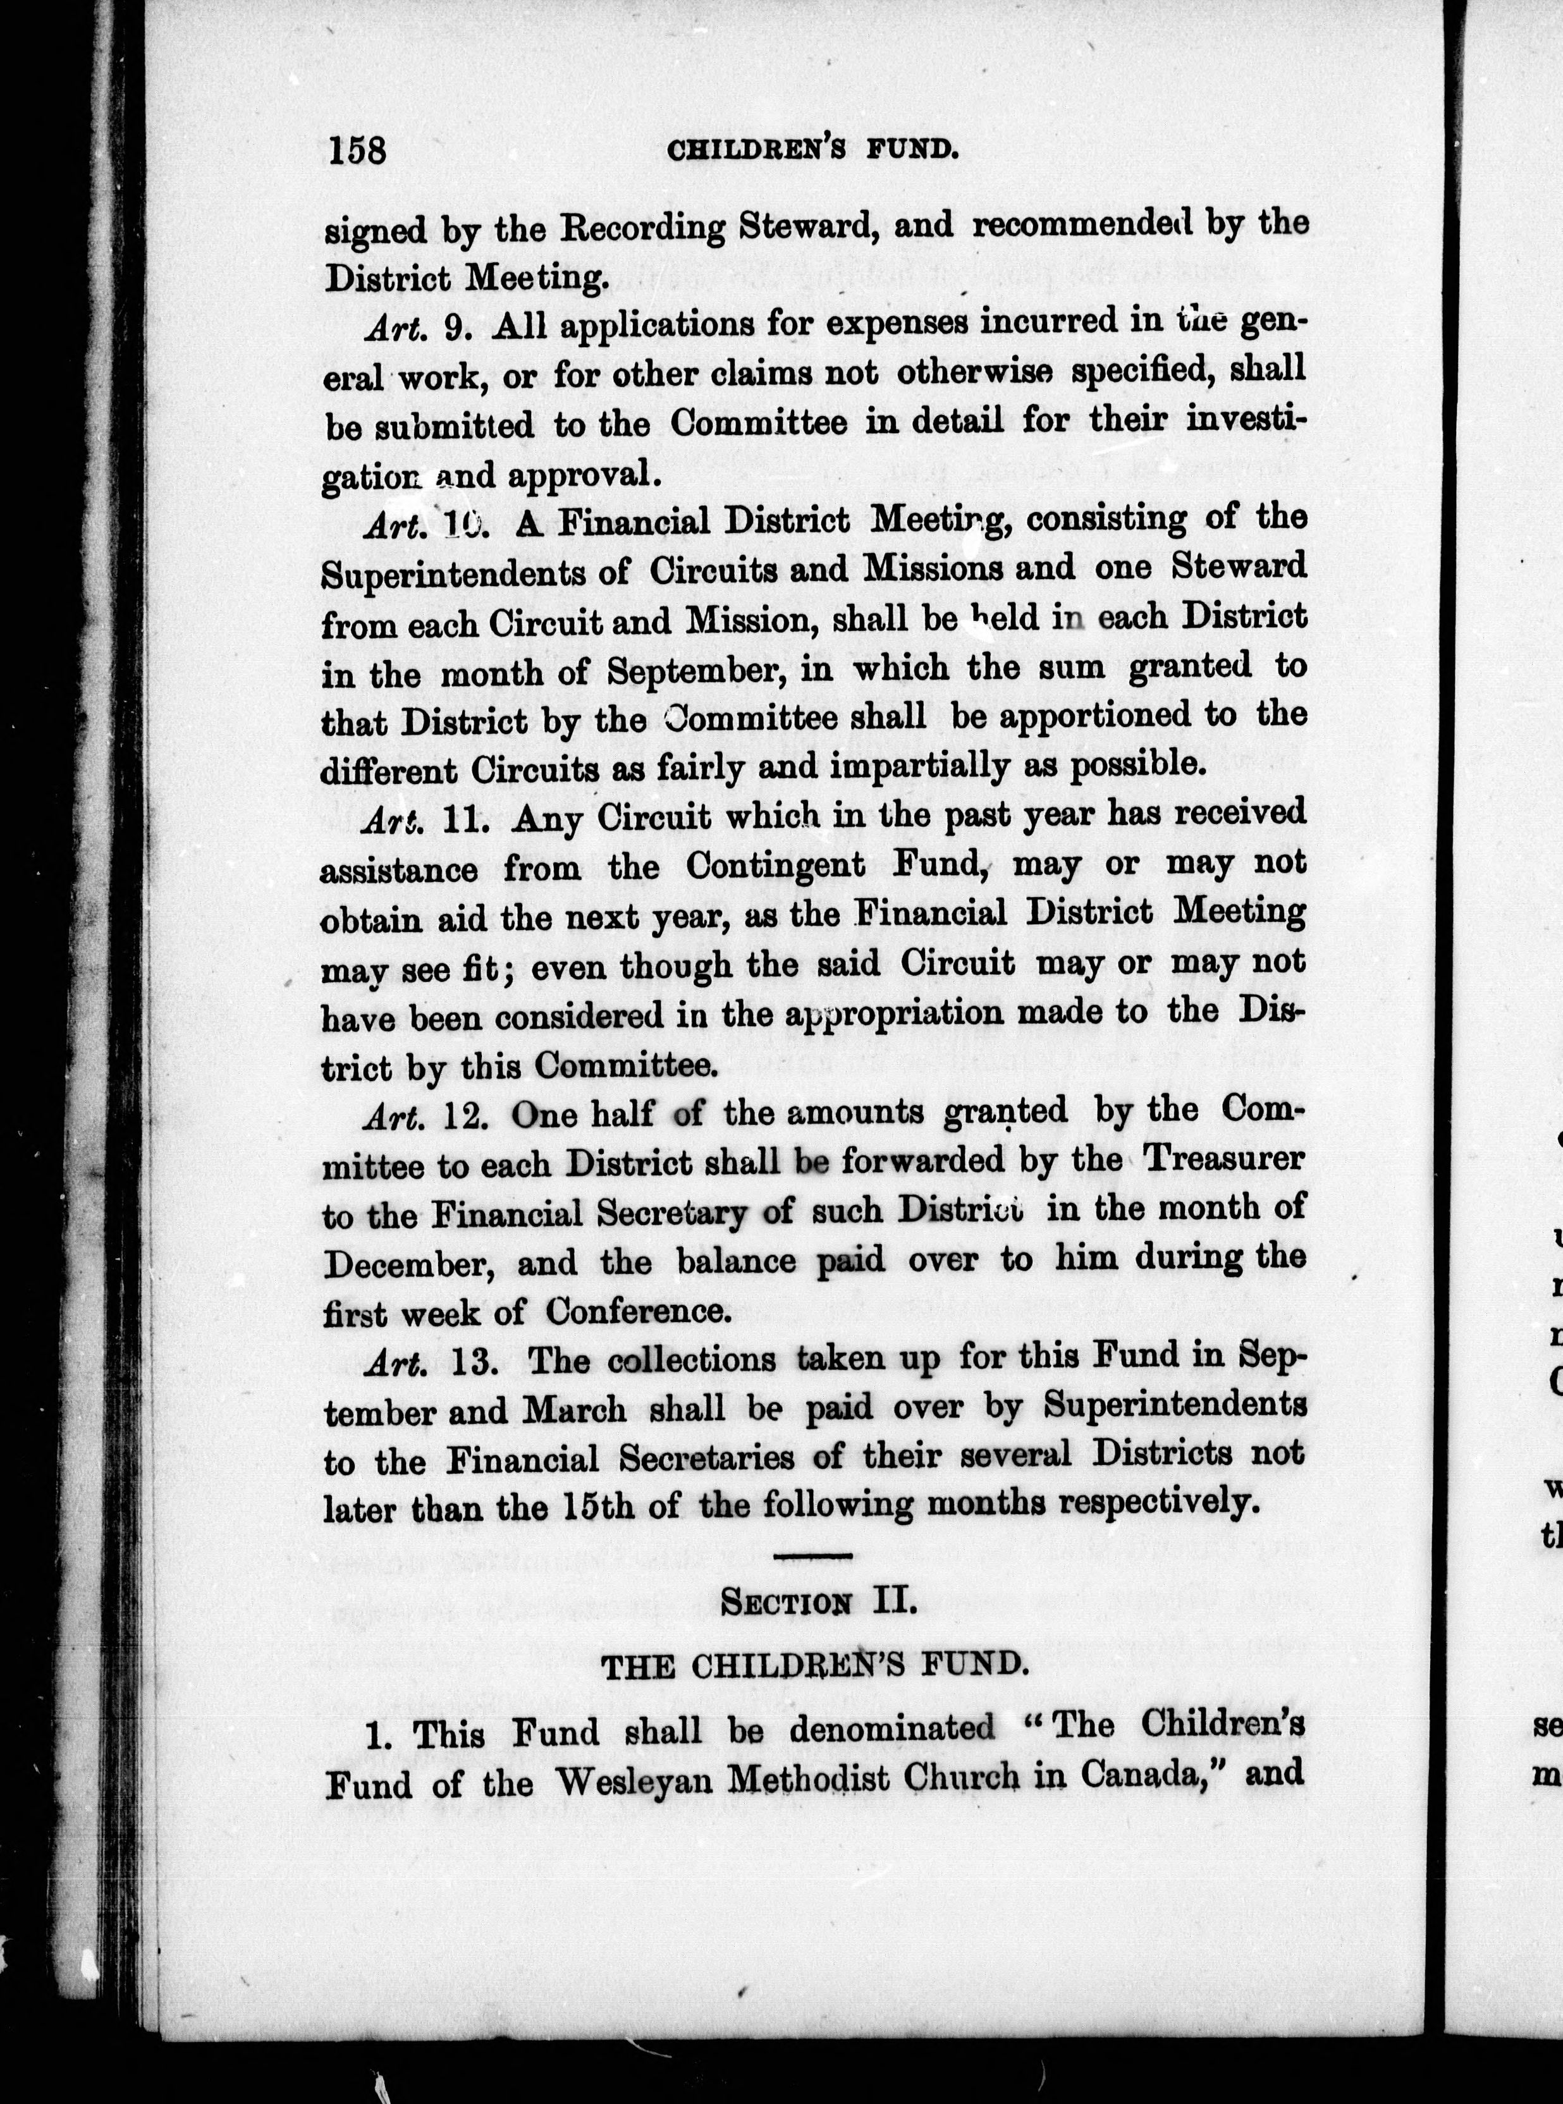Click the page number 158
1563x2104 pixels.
[357, 149]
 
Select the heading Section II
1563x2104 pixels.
[816, 1601]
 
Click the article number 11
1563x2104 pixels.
[463, 817]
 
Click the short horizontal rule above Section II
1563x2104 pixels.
[816, 1555]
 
